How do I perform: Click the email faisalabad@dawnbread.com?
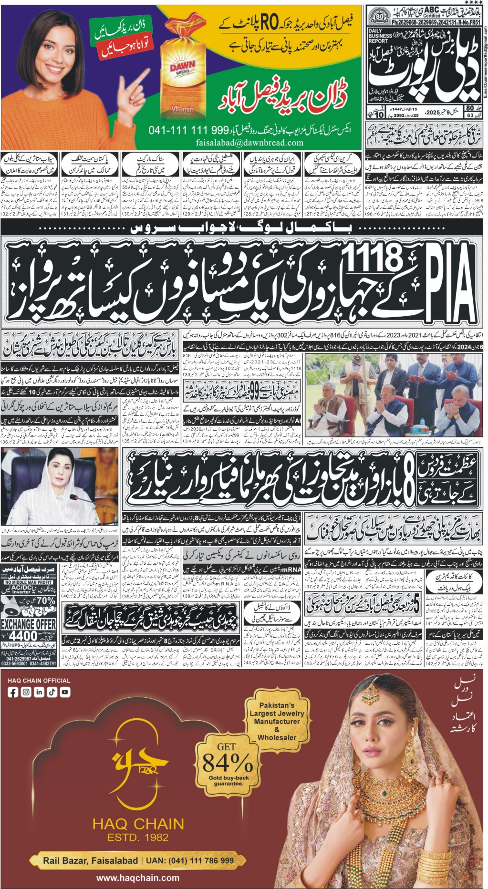pyautogui.click(x=249, y=142)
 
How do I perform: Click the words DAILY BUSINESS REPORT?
pyautogui.click(x=380, y=36)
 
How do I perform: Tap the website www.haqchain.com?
pyautogui.click(x=138, y=878)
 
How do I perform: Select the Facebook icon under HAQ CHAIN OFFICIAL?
pyautogui.click(x=13, y=692)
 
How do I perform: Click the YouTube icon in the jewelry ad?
pyautogui.click(x=64, y=692)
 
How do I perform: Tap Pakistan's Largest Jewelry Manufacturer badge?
pyautogui.click(x=277, y=721)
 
